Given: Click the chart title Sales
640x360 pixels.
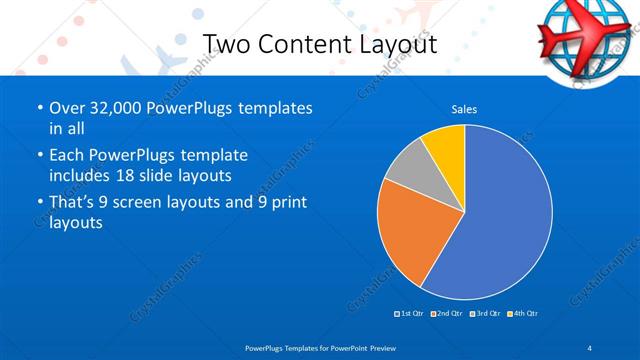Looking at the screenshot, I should pos(464,109).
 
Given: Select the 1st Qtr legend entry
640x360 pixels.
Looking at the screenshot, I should pos(409,314).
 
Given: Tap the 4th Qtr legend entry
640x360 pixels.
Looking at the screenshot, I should pos(522,314).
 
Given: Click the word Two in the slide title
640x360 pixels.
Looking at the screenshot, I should pos(225,45).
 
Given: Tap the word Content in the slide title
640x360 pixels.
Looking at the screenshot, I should pos(301,45).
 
